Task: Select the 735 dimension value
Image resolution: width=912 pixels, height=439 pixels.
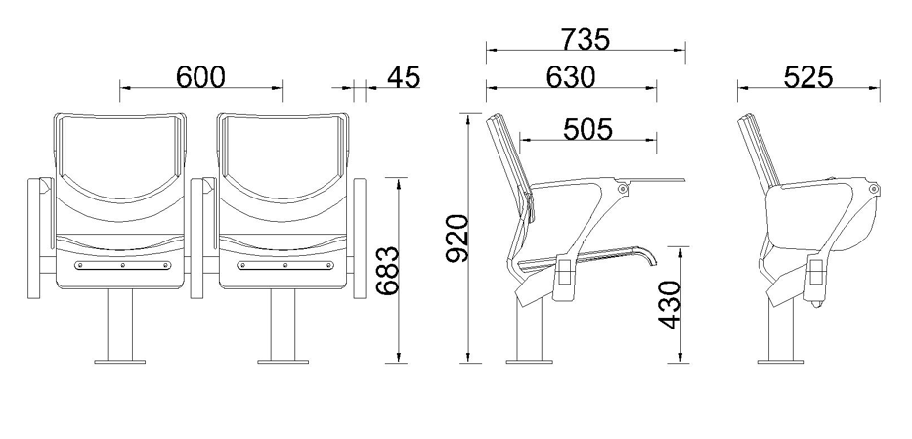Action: (586, 39)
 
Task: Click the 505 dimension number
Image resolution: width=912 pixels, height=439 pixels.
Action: (587, 129)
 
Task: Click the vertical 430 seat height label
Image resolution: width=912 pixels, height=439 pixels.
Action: (670, 305)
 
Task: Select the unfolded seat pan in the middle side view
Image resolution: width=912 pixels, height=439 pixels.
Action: (586, 260)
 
